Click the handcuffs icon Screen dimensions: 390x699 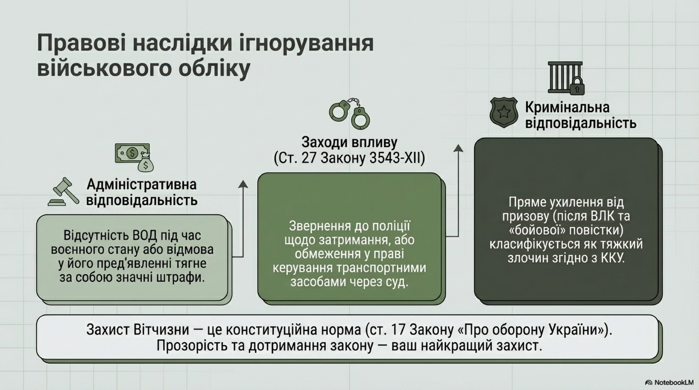coord(349,113)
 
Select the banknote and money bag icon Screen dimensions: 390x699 coord(134,157)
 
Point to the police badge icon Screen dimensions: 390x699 coord(503,113)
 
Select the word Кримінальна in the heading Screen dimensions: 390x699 coord(567,107)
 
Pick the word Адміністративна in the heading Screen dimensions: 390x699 coord(142,185)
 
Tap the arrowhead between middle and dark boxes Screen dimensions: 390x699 coord(458,148)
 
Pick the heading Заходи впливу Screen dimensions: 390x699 coord(349,143)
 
